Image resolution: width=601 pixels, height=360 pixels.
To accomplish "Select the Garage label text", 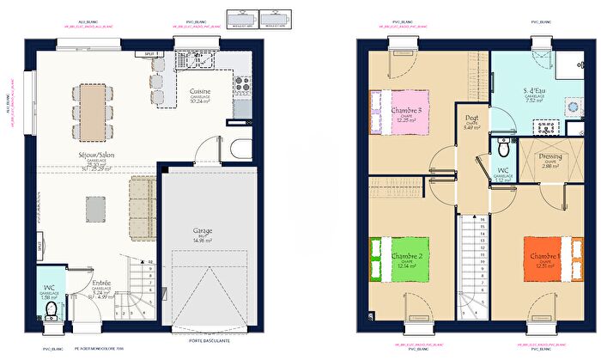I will coord(203,231).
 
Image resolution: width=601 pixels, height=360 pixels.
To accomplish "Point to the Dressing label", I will coord(550,157).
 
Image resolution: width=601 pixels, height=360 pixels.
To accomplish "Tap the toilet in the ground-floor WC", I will coord(52,308).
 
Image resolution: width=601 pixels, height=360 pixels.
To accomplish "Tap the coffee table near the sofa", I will coord(94,207).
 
